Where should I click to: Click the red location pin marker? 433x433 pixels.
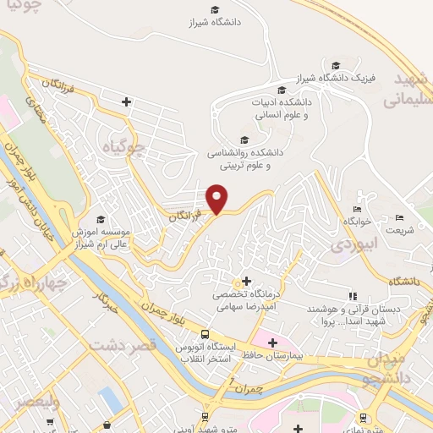pos(217,198)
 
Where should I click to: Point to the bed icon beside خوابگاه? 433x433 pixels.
pos(357,209)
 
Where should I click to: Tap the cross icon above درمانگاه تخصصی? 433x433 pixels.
pos(246,281)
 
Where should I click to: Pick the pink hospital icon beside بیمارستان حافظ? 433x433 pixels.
pos(271,342)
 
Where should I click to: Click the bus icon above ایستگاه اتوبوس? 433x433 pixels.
pos(204,332)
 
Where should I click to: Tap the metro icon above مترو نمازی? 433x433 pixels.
pos(363,417)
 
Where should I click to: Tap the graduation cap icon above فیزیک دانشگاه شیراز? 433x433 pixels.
pos(336,65)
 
